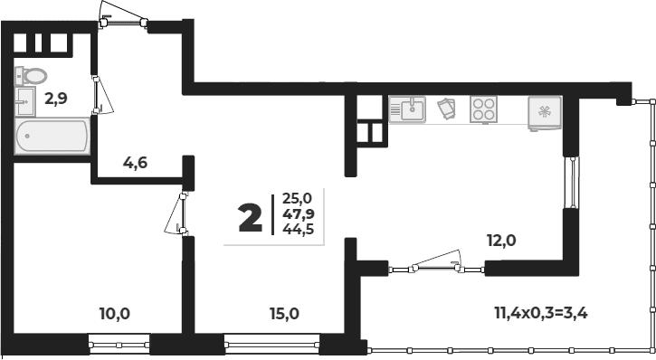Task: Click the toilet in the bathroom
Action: (32, 76)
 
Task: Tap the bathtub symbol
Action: (52, 136)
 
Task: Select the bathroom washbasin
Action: (25, 101)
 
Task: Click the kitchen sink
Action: (407, 109)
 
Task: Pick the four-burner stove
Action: (484, 109)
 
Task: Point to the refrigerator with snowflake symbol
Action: (545, 112)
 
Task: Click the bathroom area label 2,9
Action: (56, 99)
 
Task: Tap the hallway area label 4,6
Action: (135, 162)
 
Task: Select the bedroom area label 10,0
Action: (115, 313)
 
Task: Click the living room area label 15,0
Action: (284, 313)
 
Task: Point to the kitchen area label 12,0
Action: (501, 241)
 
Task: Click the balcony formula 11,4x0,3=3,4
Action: (541, 312)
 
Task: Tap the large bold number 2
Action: (250, 218)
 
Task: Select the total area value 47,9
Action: (298, 213)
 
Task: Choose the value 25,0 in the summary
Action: (298, 198)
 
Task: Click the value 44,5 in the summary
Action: (298, 229)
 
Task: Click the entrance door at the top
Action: (123, 16)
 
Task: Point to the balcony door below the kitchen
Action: (437, 263)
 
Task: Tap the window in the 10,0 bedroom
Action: (119, 345)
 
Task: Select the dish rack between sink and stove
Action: (447, 109)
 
